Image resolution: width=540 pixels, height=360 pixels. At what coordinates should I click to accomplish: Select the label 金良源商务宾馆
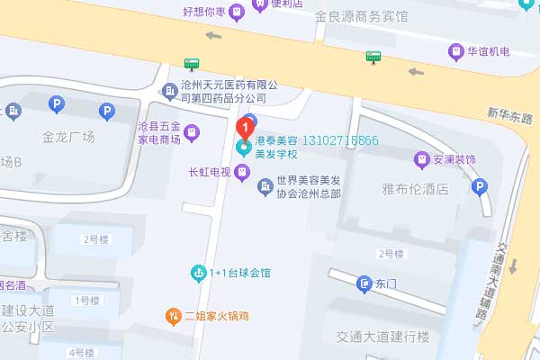click(x=361, y=17)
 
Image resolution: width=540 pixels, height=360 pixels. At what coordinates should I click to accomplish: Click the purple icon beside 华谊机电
click(x=457, y=51)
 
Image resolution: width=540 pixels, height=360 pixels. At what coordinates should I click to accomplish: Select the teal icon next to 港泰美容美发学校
click(x=241, y=146)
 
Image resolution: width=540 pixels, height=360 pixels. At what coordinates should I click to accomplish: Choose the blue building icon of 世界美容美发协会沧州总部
click(x=265, y=186)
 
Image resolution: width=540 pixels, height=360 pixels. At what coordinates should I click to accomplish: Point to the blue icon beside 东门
click(x=364, y=283)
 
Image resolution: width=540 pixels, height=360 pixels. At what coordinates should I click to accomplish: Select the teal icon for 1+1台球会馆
click(x=198, y=272)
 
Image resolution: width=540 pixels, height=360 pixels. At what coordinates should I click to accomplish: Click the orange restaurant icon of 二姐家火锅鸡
click(x=173, y=315)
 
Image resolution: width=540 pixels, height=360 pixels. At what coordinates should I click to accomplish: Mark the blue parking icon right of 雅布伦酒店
click(x=480, y=187)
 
